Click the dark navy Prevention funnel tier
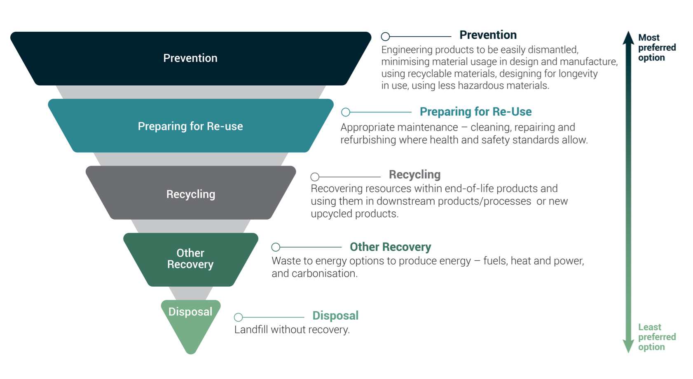[191, 58]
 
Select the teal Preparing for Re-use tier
[191, 126]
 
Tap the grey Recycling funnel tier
[191, 193]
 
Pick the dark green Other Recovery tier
[191, 260]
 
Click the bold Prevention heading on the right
[488, 35]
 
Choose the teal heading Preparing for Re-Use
[475, 112]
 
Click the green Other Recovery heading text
[390, 247]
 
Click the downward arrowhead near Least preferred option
[628, 346]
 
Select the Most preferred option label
[657, 47]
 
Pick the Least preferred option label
[657, 337]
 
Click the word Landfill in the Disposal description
[251, 330]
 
